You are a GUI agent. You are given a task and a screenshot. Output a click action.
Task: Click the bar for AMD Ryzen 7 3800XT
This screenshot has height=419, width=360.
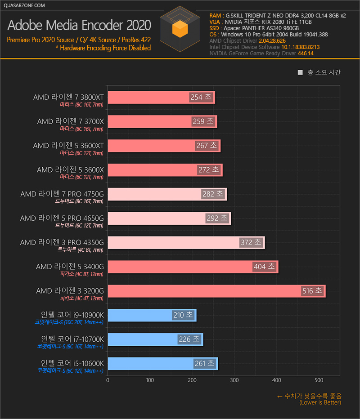148,97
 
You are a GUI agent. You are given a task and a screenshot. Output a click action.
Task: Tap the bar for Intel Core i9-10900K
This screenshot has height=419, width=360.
139,315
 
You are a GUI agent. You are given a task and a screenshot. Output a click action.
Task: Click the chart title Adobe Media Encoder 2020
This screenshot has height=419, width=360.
79,25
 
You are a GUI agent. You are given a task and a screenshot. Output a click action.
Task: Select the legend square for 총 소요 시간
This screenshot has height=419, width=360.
300,72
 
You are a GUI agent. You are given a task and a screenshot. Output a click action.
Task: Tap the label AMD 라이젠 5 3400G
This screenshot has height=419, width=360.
70,267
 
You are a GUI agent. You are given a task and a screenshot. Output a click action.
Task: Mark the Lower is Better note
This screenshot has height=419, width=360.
320,403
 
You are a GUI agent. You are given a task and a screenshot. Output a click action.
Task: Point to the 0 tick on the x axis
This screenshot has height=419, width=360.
108,380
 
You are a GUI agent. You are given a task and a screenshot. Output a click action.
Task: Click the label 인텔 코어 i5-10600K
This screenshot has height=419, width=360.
72,363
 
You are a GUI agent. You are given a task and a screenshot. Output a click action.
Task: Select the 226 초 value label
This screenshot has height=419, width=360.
189,339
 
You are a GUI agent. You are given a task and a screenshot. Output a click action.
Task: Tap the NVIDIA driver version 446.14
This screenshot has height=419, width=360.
306,53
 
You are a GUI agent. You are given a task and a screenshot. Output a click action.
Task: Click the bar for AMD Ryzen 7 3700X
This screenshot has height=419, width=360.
148,121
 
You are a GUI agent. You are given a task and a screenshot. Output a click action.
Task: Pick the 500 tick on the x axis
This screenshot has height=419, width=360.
319,380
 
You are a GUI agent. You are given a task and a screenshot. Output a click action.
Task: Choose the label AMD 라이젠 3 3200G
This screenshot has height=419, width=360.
70,291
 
